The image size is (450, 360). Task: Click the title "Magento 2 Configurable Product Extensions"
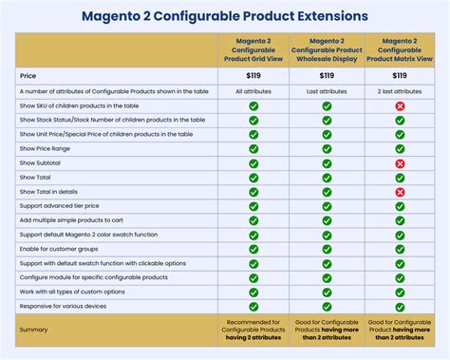pyautogui.click(x=224, y=16)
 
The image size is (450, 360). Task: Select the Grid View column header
pyautogui.click(x=253, y=50)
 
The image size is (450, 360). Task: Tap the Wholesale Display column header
pyautogui.click(x=327, y=50)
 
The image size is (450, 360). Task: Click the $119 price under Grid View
pyautogui.click(x=253, y=75)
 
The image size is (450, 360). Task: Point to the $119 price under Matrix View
pyautogui.click(x=400, y=75)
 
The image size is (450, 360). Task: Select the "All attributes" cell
pyautogui.click(x=253, y=91)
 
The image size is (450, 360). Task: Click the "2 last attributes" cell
pyautogui.click(x=400, y=91)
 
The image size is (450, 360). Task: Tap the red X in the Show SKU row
pyautogui.click(x=400, y=105)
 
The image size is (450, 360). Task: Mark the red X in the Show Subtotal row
pyautogui.click(x=400, y=163)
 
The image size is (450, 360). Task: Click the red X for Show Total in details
pyautogui.click(x=400, y=192)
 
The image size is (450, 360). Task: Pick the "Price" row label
pyautogui.click(x=28, y=75)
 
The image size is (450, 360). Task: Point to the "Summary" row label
pyautogui.click(x=34, y=329)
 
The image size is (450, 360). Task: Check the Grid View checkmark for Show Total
pyautogui.click(x=253, y=178)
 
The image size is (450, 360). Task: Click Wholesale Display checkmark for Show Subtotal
pyautogui.click(x=327, y=163)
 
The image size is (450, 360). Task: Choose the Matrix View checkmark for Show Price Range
pyautogui.click(x=400, y=149)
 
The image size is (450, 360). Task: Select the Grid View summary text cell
pyautogui.click(x=253, y=329)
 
